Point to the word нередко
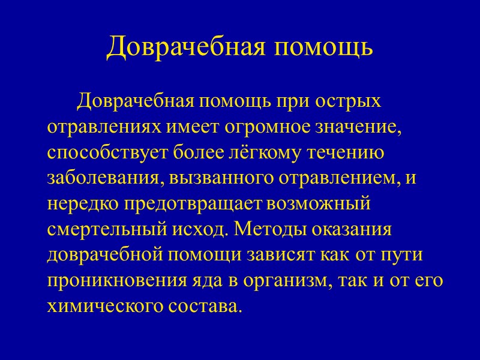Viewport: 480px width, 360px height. click(83, 204)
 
